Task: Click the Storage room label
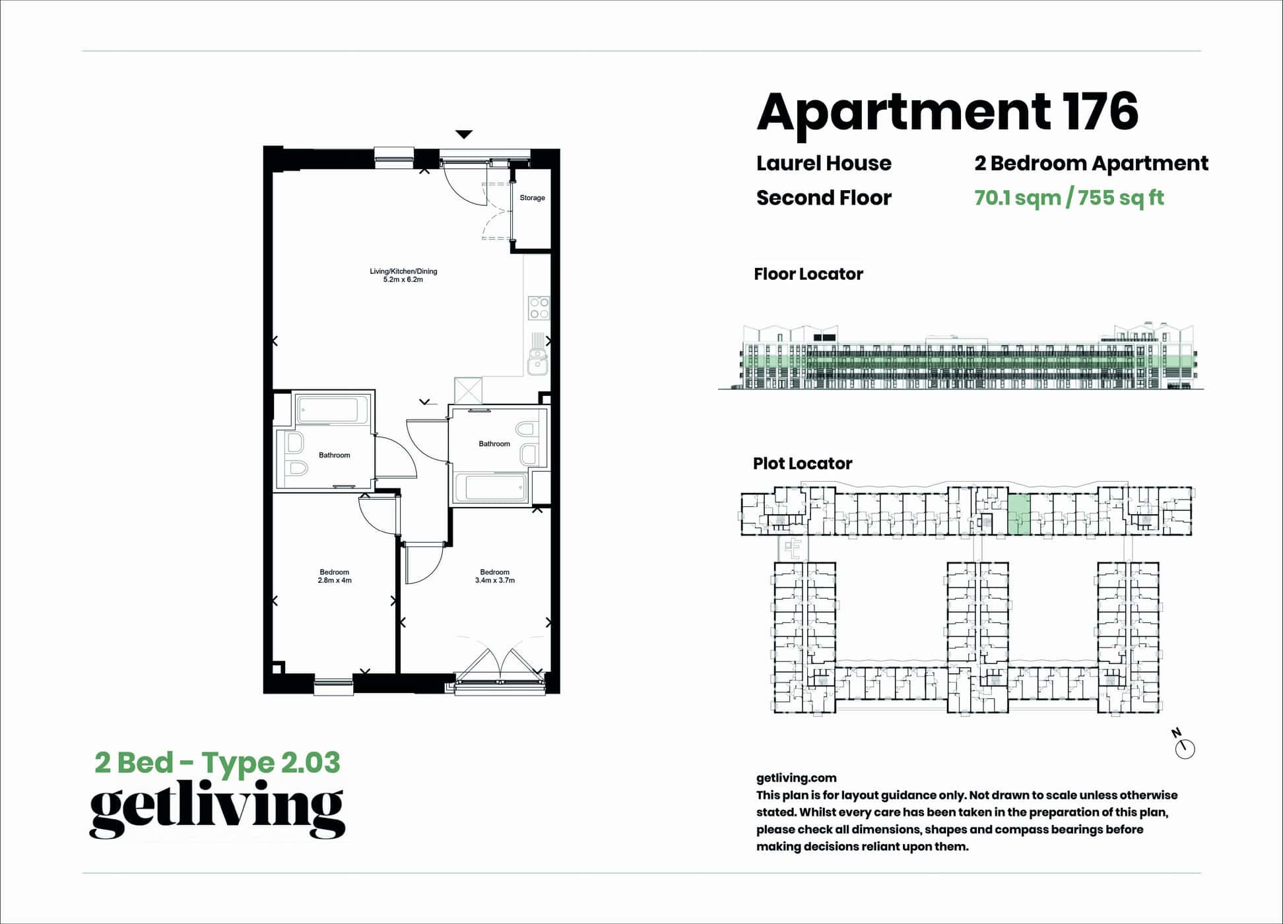532,198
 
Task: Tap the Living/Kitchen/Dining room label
403,271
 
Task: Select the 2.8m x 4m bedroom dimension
335,581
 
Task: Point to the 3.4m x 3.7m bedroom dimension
495,581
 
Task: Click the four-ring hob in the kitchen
539,308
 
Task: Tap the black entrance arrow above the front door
464,135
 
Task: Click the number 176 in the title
1100,112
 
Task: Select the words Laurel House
824,163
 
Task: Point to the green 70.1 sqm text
1017,197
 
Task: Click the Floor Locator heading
808,274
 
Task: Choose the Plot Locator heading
803,463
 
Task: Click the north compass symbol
1185,748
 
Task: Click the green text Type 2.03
271,762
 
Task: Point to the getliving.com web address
796,778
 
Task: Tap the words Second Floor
824,197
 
